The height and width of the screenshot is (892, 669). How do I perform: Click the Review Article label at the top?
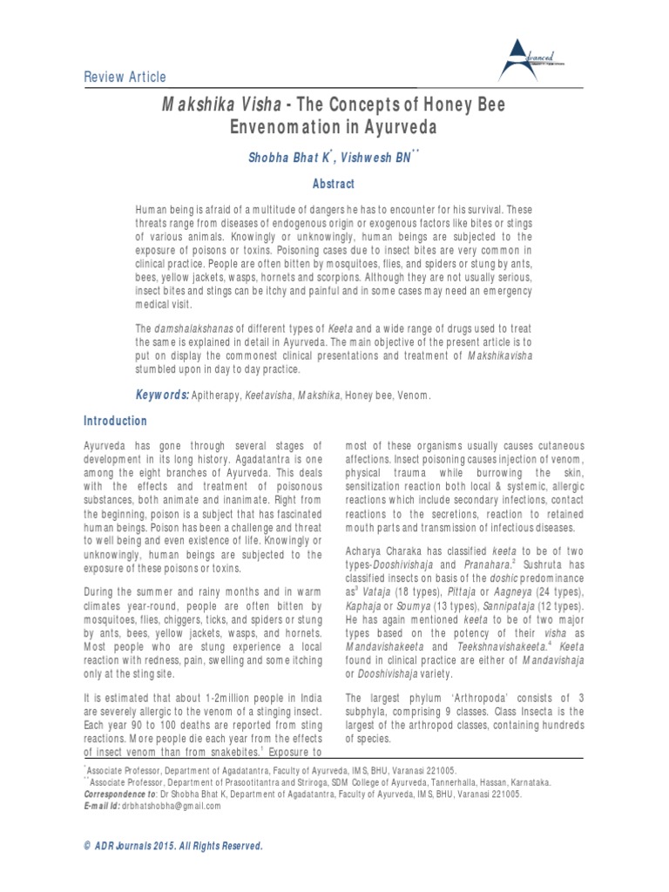pos(125,77)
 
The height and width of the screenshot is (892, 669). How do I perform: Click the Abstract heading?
pos(334,185)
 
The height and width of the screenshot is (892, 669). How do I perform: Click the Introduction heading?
pos(115,422)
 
